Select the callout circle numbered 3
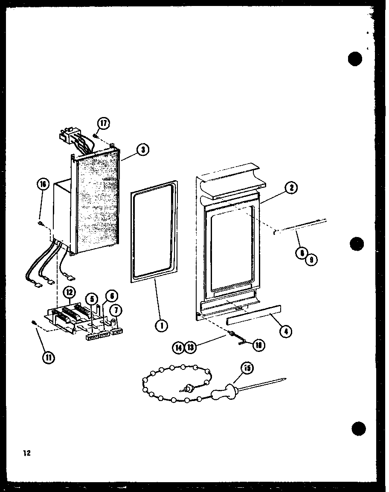[x=143, y=149]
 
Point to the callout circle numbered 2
[x=291, y=187]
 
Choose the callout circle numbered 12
[x=69, y=293]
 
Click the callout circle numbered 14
[x=179, y=348]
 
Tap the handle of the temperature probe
[x=225, y=391]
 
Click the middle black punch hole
[x=356, y=244]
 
